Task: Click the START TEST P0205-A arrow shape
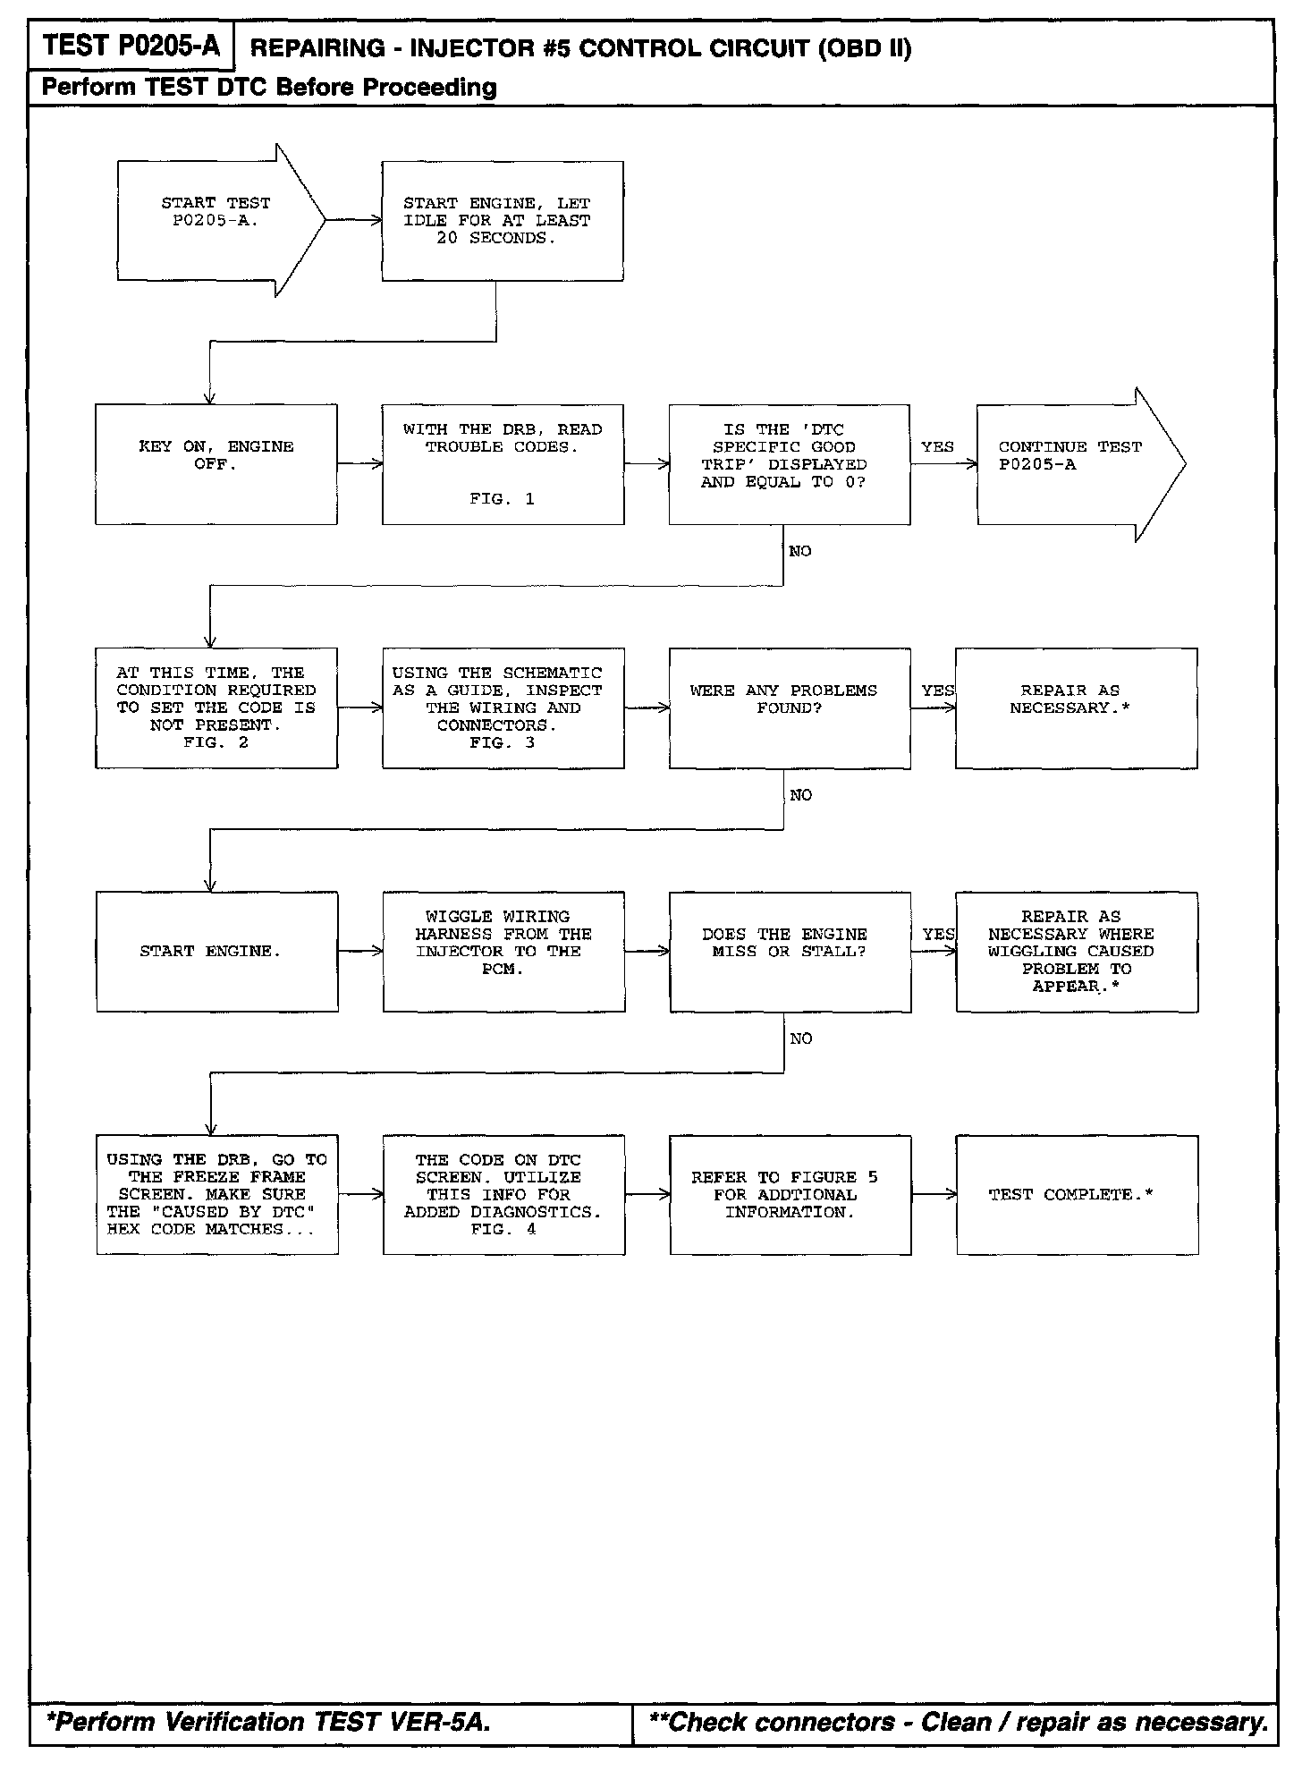[x=215, y=220]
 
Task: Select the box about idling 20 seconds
[x=502, y=221]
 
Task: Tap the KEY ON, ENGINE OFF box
[x=216, y=464]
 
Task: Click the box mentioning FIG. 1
[x=503, y=464]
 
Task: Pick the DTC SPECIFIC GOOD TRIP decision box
[x=789, y=464]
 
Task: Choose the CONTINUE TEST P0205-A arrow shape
[x=1073, y=464]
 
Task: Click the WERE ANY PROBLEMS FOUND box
[x=789, y=708]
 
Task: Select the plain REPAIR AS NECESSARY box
[x=1076, y=708]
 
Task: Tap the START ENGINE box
[x=216, y=952]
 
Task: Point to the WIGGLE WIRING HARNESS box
[x=503, y=952]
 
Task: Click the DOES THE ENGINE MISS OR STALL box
[x=790, y=952]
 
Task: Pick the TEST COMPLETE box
[x=1077, y=1195]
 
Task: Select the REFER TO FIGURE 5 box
[x=790, y=1195]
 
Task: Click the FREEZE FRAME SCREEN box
[x=216, y=1195]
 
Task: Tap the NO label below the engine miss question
[x=801, y=1038]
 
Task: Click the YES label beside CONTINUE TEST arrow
[x=937, y=447]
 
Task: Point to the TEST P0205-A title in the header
[x=131, y=47]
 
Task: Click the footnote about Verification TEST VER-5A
[x=268, y=1722]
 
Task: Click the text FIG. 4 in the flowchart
[x=503, y=1230]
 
